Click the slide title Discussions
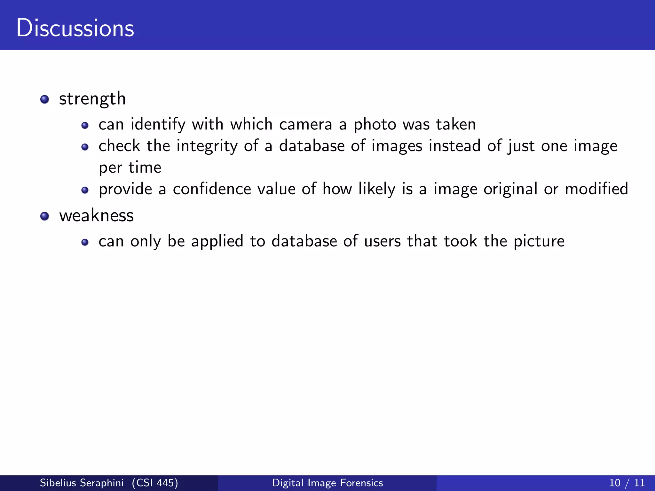[x=75, y=28]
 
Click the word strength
[x=92, y=99]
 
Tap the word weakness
[x=96, y=215]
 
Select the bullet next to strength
[x=45, y=99]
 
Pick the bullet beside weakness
[x=45, y=216]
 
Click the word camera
[x=305, y=124]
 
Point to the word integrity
[x=207, y=146]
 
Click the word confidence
[x=211, y=189]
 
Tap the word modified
[x=596, y=189]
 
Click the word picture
[x=539, y=242]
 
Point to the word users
[x=382, y=241]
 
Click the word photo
[x=375, y=125]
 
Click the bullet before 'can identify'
[x=85, y=125]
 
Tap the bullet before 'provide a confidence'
[x=85, y=190]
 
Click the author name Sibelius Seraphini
[x=82, y=483]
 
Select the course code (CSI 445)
[x=155, y=483]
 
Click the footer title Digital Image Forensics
[x=327, y=483]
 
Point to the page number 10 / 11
[x=627, y=483]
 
